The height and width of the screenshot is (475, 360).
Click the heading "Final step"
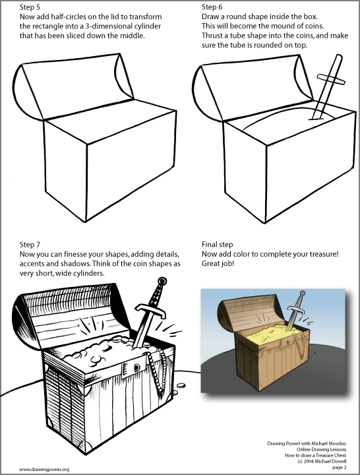pos(217,243)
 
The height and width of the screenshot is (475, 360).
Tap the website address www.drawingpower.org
pos(44,469)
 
